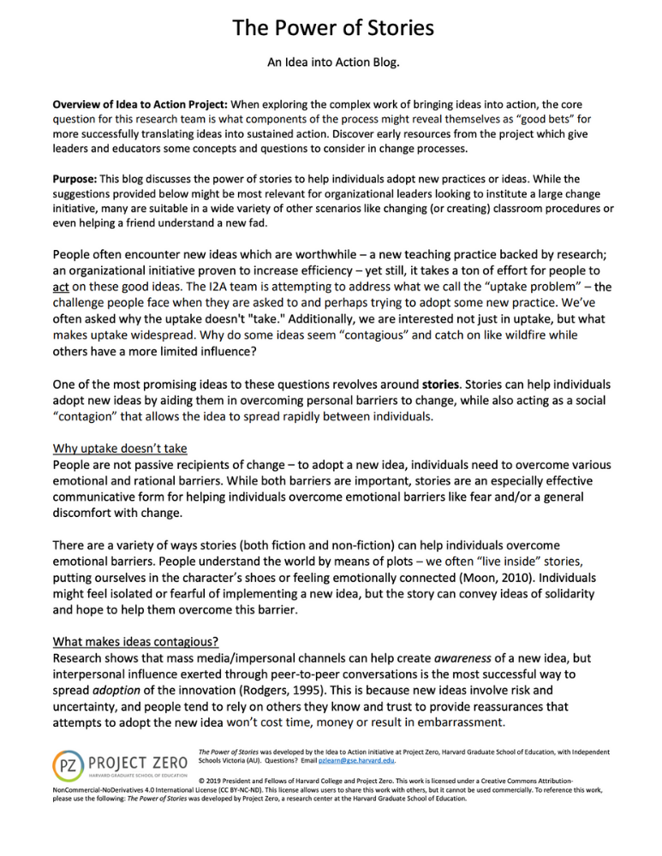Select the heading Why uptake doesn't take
(x=120, y=449)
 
